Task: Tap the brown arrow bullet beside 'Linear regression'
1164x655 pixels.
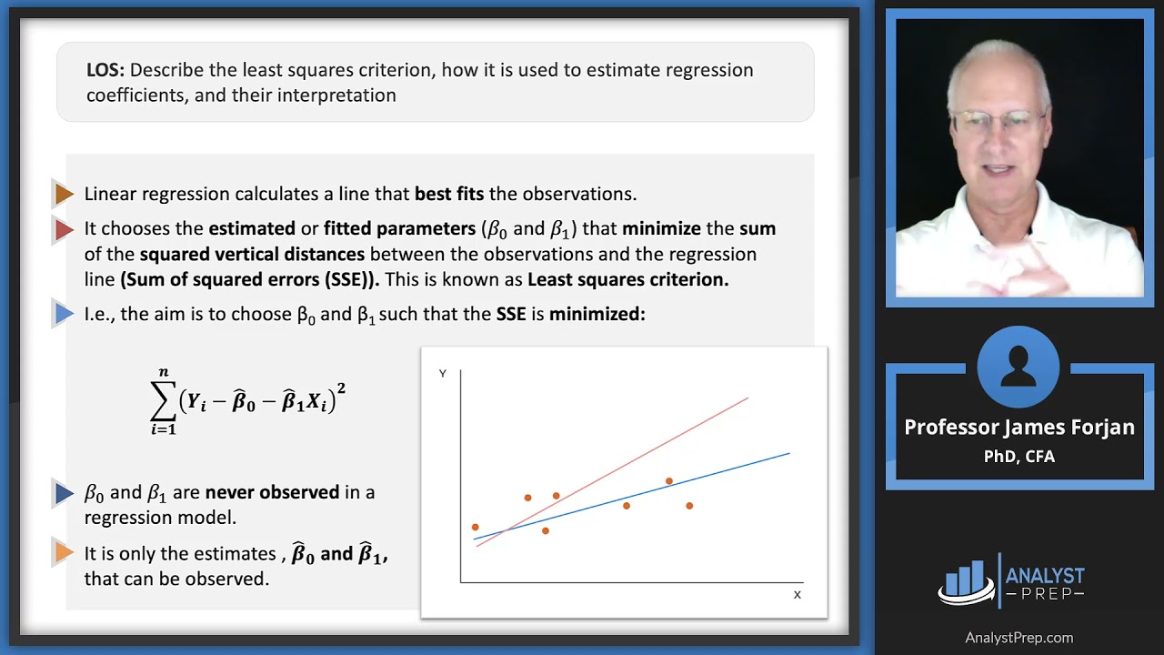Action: pos(64,194)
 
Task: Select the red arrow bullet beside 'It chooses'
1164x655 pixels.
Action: pos(64,229)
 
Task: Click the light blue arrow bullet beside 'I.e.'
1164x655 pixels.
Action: pos(64,315)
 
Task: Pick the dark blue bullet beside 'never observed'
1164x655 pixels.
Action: pos(64,493)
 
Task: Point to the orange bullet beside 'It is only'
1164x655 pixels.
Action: pos(64,553)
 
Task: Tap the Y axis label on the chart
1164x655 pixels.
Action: pos(443,374)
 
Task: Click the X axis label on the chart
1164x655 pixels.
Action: pos(798,595)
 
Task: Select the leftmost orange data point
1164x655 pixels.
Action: pos(475,528)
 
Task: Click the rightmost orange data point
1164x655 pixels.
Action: pos(689,506)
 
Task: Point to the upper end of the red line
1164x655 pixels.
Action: pos(747,398)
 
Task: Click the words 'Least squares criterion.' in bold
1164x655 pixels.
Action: pos(628,280)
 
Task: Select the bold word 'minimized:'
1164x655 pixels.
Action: pos(597,315)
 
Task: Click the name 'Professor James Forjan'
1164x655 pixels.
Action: pos(1019,428)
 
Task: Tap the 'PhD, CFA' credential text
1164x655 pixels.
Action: pos(1019,457)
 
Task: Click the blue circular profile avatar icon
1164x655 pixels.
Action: pos(1018,367)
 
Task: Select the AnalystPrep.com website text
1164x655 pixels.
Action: pos(1019,638)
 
